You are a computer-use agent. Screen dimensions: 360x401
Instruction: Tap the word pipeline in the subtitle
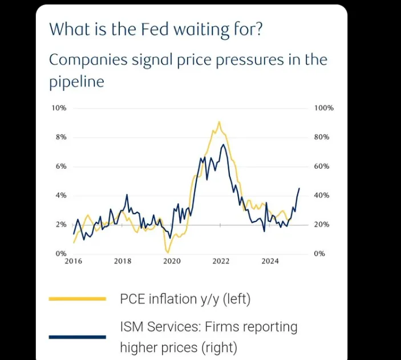coord(76,82)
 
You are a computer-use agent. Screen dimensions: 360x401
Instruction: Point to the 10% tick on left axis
coord(60,108)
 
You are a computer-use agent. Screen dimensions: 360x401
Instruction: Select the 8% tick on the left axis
coord(61,137)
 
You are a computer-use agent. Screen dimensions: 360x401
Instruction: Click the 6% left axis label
coord(61,166)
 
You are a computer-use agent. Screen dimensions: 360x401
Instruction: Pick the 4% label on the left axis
coord(61,195)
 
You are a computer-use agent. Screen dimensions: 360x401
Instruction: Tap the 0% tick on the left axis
coord(61,253)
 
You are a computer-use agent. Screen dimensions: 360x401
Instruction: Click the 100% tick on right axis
coord(323,108)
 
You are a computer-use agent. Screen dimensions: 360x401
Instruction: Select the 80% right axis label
coord(322,137)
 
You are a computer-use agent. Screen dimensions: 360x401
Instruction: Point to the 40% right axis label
coord(322,195)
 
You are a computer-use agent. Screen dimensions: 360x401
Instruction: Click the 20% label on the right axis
coord(322,224)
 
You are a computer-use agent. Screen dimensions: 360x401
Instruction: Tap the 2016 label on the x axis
coord(74,261)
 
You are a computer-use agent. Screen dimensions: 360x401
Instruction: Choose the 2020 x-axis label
coord(172,261)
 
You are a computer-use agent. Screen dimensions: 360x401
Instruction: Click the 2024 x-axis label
coord(270,261)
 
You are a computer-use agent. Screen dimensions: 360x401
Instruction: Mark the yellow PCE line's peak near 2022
coord(219,122)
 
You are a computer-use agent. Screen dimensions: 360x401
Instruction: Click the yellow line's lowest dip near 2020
coord(168,252)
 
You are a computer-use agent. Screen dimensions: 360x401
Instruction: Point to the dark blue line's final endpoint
coord(299,188)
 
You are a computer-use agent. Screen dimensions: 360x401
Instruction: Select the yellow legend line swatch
coord(78,298)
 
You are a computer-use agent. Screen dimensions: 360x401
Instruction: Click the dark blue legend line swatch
coord(78,337)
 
